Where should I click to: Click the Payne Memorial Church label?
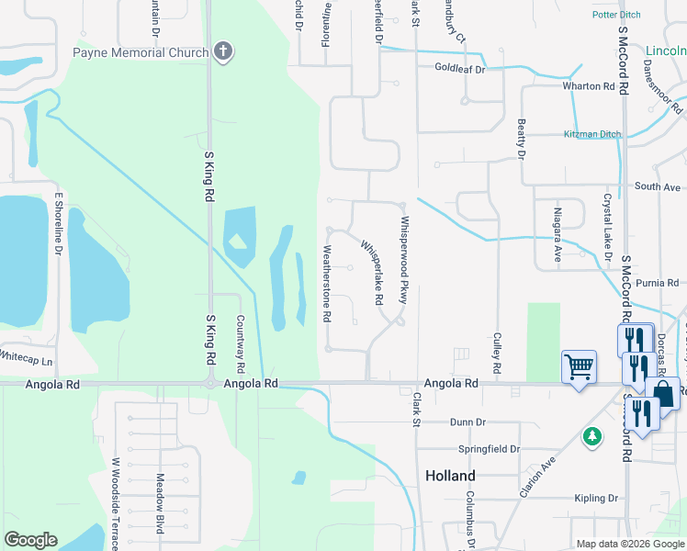pyautogui.click(x=141, y=52)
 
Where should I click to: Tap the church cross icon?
pyautogui.click(x=222, y=52)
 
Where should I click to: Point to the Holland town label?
pyautogui.click(x=450, y=476)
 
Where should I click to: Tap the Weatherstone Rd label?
pyautogui.click(x=326, y=283)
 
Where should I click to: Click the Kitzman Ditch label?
pyautogui.click(x=591, y=134)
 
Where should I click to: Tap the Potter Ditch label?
pyautogui.click(x=617, y=15)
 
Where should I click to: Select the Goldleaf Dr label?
pyautogui.click(x=459, y=68)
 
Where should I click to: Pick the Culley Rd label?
pyautogui.click(x=497, y=353)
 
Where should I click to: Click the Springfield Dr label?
pyautogui.click(x=489, y=449)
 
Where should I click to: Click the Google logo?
pyautogui.click(x=30, y=539)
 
